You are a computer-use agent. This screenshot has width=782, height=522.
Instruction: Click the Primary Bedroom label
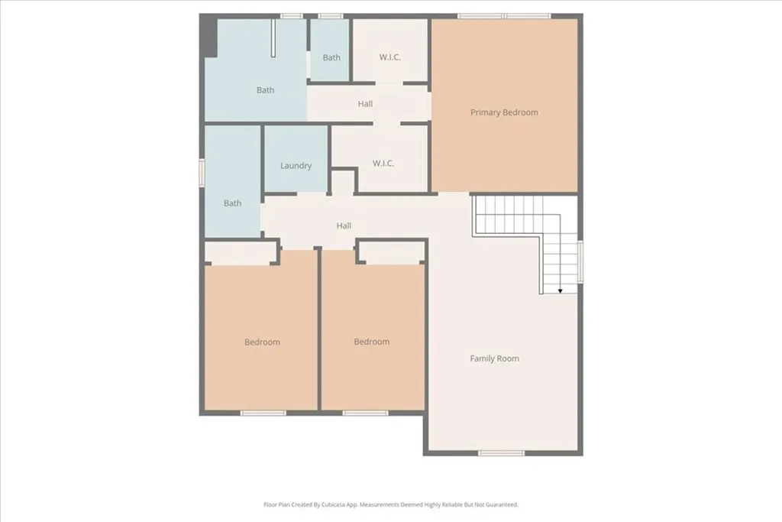point(504,112)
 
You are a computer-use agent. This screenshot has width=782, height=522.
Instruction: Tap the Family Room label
point(495,358)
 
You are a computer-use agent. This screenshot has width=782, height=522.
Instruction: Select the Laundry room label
point(296,165)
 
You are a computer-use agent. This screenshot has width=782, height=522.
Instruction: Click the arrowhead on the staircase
point(560,290)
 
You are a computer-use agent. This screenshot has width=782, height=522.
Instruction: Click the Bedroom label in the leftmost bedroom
point(262,342)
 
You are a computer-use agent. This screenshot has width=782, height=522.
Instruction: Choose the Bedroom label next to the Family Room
point(372,342)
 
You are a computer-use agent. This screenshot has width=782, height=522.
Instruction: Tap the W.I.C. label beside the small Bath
point(390,57)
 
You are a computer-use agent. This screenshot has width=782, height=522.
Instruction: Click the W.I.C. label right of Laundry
point(383,164)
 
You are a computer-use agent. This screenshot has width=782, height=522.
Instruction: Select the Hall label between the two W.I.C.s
point(365,104)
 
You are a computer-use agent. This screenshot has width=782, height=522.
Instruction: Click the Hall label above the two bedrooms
point(344,225)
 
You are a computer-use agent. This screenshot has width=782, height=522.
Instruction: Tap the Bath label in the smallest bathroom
point(331,57)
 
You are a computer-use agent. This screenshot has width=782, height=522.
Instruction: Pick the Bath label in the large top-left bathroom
point(265,90)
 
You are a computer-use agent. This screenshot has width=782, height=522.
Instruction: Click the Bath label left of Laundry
point(233,203)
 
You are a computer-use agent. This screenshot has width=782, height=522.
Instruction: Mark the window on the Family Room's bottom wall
point(501,453)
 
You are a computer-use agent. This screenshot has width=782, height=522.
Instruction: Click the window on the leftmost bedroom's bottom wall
point(263,413)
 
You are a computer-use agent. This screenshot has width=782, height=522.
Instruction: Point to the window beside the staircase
point(580,261)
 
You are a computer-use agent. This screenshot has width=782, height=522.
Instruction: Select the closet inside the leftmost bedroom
point(241,254)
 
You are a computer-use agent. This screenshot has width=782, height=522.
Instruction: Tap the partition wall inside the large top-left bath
point(273,38)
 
